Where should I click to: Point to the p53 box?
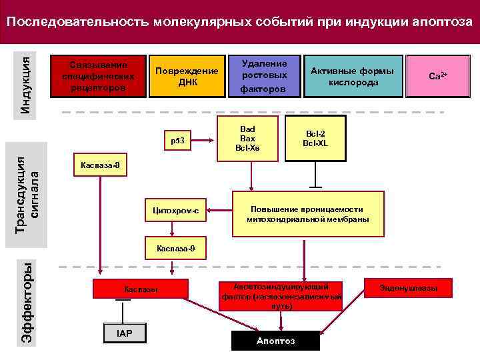(177, 141)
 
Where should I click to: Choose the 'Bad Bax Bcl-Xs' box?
(247, 138)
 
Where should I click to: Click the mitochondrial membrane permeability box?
(308, 214)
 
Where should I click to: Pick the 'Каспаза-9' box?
(176, 248)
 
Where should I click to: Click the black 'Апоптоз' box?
(275, 341)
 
